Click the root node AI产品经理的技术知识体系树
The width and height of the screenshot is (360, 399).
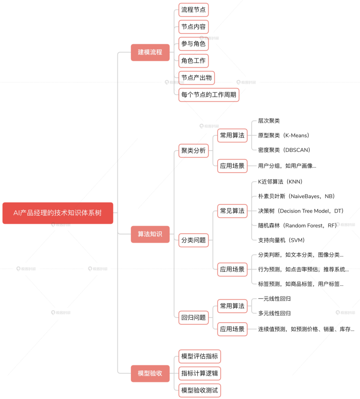click(x=58, y=213)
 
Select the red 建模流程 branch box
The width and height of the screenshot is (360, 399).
click(x=150, y=52)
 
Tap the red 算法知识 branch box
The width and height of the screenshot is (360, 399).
click(x=150, y=234)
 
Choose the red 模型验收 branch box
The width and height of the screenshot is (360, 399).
click(x=150, y=373)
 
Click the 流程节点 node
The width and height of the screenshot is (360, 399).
click(x=193, y=10)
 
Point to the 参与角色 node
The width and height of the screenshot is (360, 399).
click(x=193, y=44)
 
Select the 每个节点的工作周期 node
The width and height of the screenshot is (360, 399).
click(x=209, y=95)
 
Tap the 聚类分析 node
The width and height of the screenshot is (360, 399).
click(x=193, y=151)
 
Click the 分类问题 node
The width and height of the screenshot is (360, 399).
click(x=193, y=240)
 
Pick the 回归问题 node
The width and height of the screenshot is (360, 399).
click(x=193, y=318)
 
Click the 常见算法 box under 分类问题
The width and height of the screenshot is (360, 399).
click(x=232, y=211)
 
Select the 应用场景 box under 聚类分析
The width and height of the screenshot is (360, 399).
click(x=232, y=166)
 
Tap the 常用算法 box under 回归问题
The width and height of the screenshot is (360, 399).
click(x=232, y=306)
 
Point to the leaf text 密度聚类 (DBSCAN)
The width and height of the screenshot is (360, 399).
click(x=284, y=150)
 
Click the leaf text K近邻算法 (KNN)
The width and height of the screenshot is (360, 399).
click(x=280, y=182)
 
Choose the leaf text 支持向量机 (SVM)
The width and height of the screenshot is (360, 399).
click(x=281, y=240)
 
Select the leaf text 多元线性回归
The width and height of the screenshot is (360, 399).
click(x=274, y=313)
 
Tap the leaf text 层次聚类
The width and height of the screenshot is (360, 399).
click(x=269, y=121)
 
